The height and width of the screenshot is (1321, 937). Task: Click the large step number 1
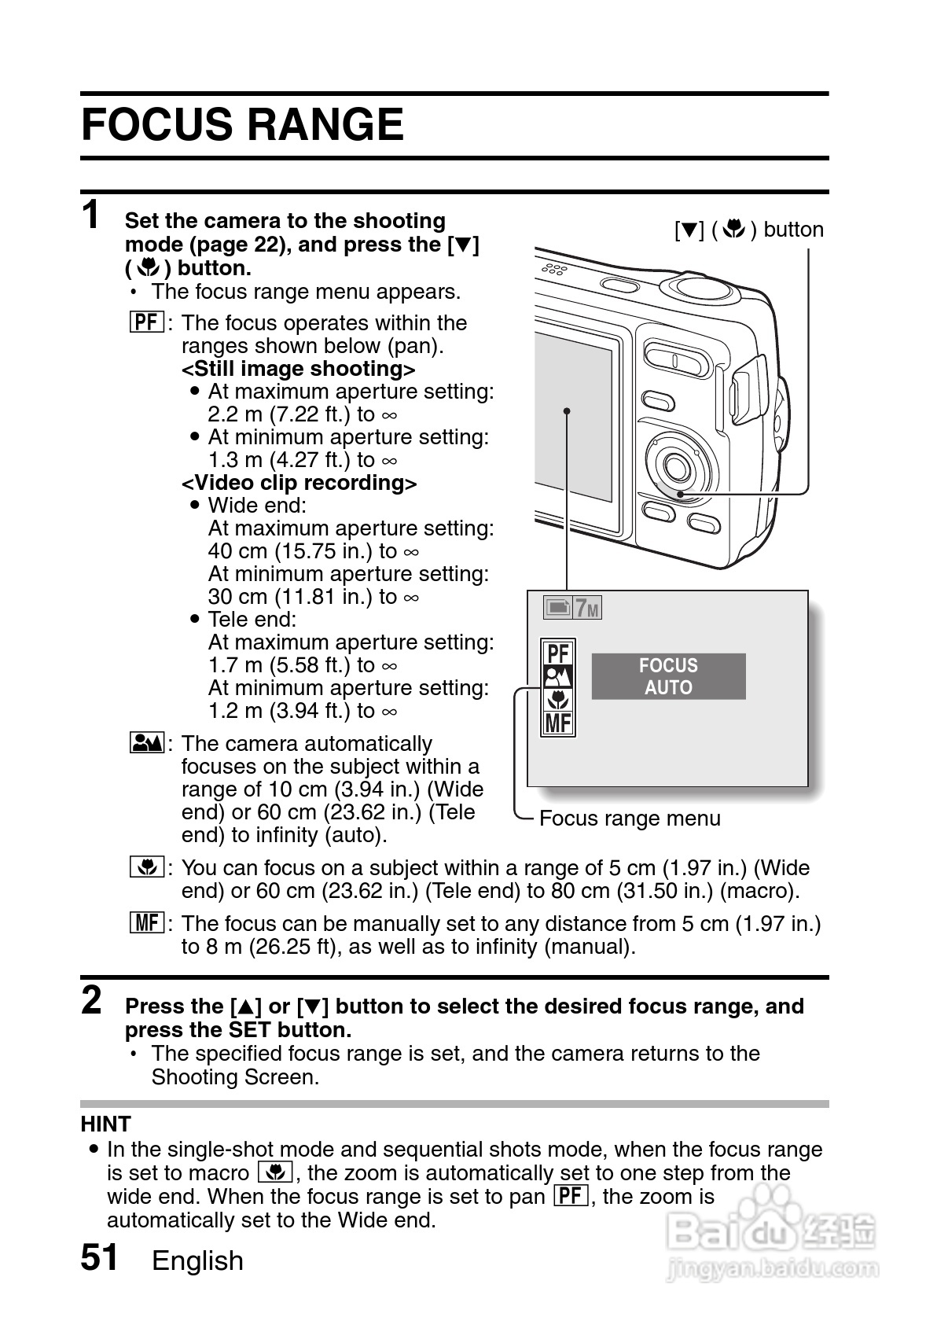(92, 215)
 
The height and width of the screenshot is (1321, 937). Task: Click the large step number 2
(92, 1000)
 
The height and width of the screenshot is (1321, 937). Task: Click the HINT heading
(105, 1124)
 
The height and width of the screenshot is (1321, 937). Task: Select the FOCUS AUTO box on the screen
(668, 676)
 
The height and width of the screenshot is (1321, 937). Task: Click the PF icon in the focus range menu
(558, 653)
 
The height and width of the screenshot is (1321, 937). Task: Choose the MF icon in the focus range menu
(558, 723)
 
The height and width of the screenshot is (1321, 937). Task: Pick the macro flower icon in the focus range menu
(558, 699)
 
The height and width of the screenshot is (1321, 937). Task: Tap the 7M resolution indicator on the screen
(586, 608)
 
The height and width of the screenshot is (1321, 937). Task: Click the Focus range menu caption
(630, 819)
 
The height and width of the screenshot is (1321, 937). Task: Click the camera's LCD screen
(574, 417)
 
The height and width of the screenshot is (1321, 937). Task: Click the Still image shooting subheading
(298, 369)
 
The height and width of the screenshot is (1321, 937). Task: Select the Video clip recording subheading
(299, 482)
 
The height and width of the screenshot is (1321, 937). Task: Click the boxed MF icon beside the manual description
(147, 922)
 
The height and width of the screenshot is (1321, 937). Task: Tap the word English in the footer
(197, 1260)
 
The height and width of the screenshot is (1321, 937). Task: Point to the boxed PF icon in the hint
(571, 1196)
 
